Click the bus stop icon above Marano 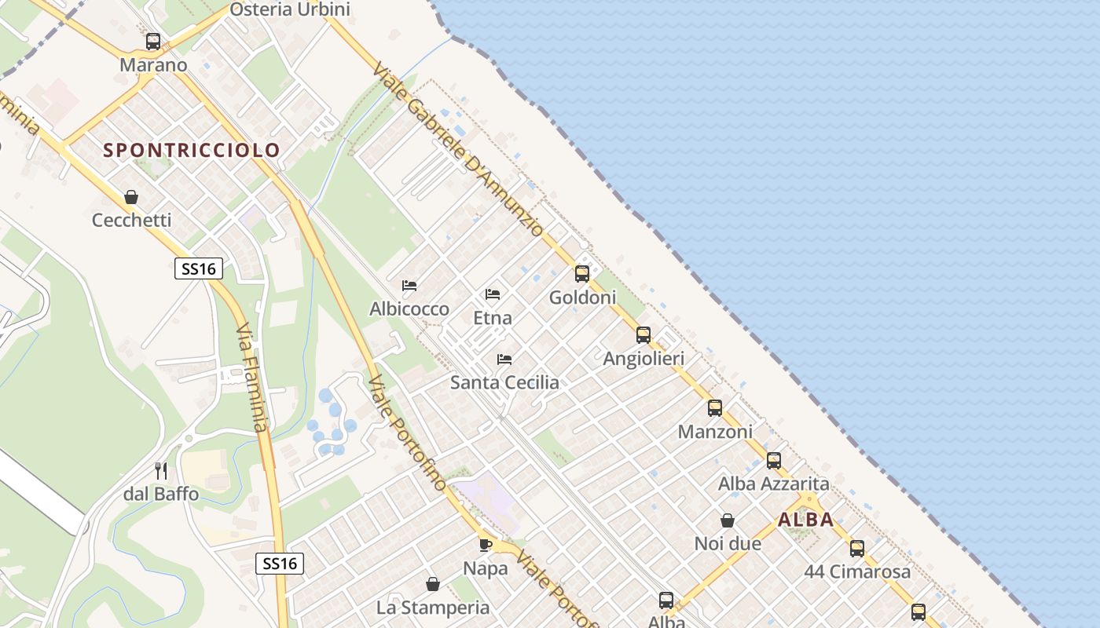point(153,42)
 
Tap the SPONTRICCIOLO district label point(192,150)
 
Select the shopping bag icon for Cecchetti point(131,197)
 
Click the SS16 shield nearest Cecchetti point(198,269)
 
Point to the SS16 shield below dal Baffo point(280,563)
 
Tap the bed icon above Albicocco point(409,286)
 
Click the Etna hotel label point(493,318)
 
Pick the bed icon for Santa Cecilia point(504,360)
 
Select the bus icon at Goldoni point(582,274)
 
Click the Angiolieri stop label point(643,359)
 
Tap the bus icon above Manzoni point(715,408)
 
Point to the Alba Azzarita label point(773,484)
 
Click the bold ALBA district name point(805,520)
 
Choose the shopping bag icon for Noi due point(728,520)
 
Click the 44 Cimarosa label point(857,571)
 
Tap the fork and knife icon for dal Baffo point(161,471)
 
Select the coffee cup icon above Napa point(486,545)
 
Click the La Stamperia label point(433,608)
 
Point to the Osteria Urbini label point(290,9)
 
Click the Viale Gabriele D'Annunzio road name point(458,148)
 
